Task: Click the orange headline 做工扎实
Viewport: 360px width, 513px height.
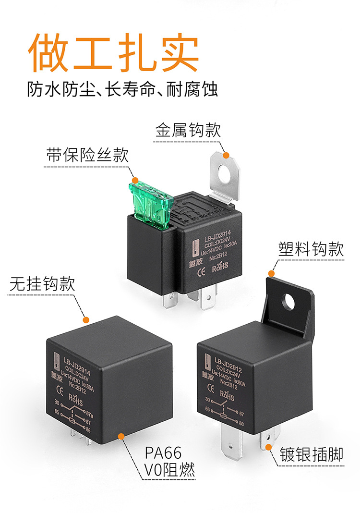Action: click(114, 53)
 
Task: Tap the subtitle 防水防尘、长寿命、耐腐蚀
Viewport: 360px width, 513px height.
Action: click(122, 90)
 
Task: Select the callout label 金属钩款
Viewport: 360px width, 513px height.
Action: click(188, 131)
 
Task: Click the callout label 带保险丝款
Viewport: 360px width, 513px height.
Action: click(88, 155)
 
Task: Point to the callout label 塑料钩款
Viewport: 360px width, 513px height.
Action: click(312, 249)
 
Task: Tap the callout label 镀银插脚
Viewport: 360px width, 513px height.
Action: click(312, 454)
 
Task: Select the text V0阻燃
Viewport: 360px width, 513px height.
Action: click(170, 471)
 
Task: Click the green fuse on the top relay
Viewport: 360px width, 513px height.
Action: click(151, 202)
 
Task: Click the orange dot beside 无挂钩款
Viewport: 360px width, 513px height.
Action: click(86, 319)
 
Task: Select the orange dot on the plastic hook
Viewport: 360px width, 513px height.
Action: click(271, 274)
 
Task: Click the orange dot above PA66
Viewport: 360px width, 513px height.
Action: click(121, 436)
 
